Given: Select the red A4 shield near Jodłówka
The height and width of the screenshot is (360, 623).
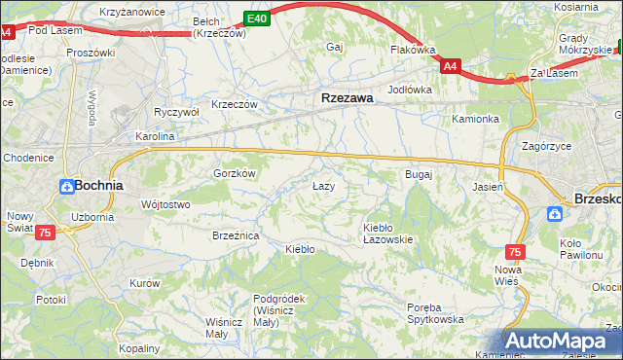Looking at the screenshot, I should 449,66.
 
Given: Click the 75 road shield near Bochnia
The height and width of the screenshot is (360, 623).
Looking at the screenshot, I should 45,233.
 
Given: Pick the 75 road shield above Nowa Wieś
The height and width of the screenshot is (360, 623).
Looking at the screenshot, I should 515,252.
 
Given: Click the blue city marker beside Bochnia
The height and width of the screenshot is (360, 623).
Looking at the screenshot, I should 65,185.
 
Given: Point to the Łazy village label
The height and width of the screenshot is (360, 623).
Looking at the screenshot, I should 324,185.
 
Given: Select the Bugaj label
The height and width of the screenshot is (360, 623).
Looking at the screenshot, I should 418,174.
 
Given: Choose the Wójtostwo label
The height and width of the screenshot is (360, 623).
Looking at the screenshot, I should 165,204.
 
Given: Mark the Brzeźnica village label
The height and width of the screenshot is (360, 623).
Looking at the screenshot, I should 235,234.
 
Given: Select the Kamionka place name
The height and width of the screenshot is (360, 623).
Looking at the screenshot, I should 475,120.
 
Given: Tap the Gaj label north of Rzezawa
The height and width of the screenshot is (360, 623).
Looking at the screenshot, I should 336,47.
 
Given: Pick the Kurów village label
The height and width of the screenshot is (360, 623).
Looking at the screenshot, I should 144,282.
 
